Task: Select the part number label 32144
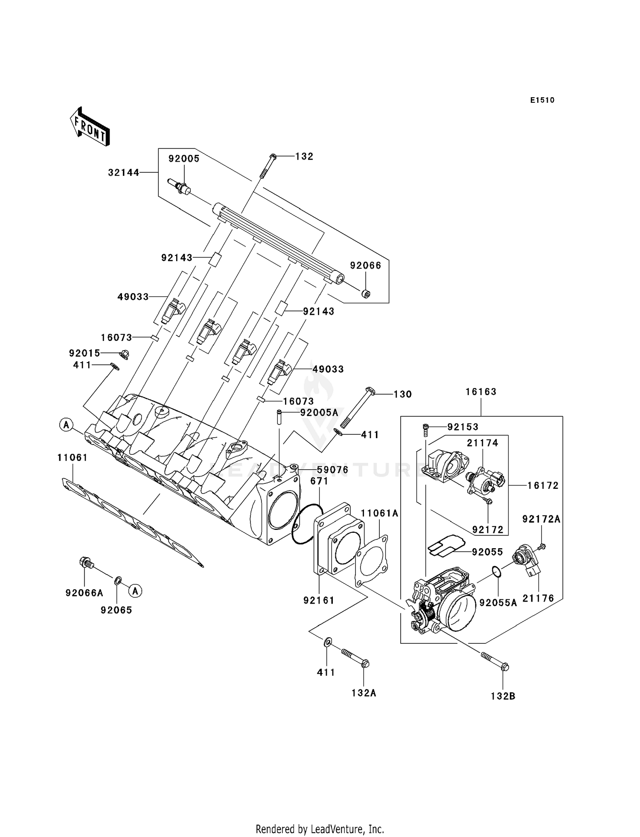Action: (124, 173)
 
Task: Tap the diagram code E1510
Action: (542, 100)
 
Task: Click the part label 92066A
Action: (84, 593)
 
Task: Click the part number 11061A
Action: (380, 514)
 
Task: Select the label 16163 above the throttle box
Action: (481, 392)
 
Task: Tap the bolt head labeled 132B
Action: (505, 666)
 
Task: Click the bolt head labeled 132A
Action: (365, 664)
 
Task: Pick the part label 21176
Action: (538, 599)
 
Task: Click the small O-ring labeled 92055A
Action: (497, 571)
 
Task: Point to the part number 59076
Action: (332, 470)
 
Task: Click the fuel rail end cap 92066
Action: (366, 294)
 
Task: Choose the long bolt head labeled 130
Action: (370, 389)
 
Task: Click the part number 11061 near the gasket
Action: (73, 458)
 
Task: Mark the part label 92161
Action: (319, 600)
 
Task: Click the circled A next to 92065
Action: (136, 591)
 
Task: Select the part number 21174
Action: (483, 443)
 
